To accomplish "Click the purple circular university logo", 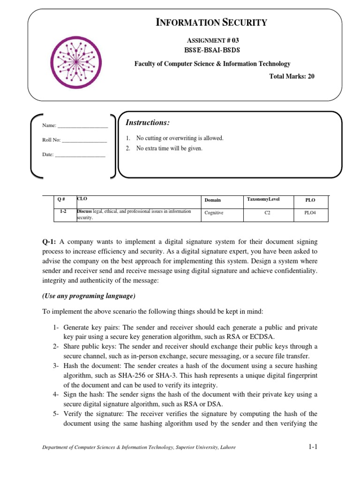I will point(77,58).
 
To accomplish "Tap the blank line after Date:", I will point(80,154).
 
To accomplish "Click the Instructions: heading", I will point(148,123).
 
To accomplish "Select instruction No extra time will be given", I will point(169,149).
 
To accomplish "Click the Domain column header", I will point(212,200).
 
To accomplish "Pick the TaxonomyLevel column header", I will point(263,199).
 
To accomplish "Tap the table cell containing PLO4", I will point(310,213).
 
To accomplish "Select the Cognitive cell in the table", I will point(214,213).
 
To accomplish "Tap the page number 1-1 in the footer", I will point(313,447).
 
